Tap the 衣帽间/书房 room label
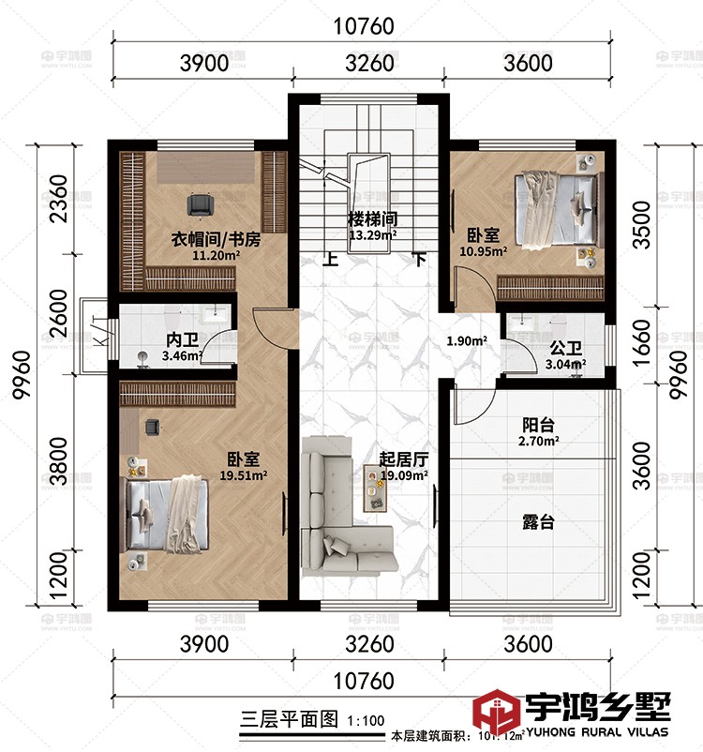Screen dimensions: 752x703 click(215, 238)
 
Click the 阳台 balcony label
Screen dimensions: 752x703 click(538, 423)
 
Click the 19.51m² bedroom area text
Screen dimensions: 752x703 click(243, 474)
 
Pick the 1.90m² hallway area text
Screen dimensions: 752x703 click(466, 341)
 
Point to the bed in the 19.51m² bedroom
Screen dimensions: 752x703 click(170, 514)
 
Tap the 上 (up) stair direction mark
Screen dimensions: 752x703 click(330, 261)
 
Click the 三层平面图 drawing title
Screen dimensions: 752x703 click(289, 720)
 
